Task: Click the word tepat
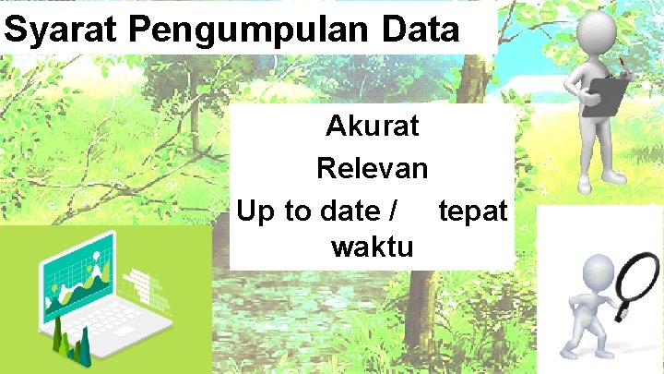472,211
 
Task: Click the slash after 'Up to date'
394,211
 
